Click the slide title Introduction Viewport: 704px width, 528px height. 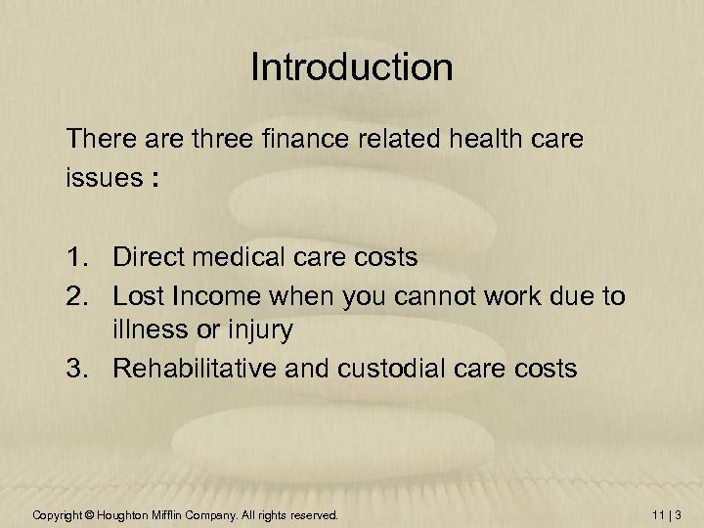coord(352,67)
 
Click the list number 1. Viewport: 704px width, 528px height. coord(79,257)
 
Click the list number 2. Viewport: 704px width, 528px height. coord(79,294)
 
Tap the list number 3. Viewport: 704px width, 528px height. coord(79,369)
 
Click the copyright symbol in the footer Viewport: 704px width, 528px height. coord(87,514)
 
